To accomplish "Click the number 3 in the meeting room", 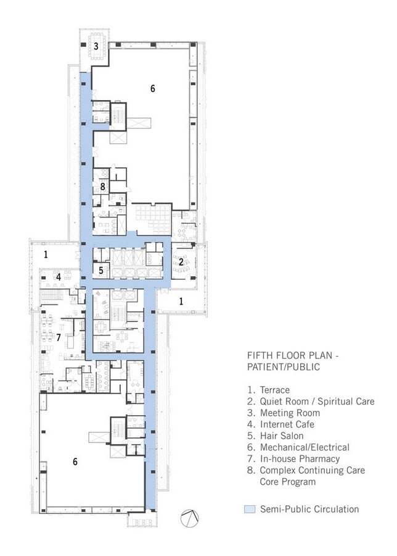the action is pyautogui.click(x=96, y=46).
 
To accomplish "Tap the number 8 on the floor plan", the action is pyautogui.click(x=102, y=186).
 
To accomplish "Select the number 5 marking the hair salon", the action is pyautogui.click(x=101, y=271).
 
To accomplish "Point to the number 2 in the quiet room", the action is pyautogui.click(x=181, y=262).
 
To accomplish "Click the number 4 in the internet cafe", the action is pyautogui.click(x=59, y=277).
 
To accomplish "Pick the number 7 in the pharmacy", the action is pyautogui.click(x=59, y=337).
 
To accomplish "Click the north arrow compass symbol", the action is pyautogui.click(x=189, y=518).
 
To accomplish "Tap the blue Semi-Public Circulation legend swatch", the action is pyautogui.click(x=250, y=509).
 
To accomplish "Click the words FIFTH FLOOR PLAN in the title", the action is pyautogui.click(x=290, y=355).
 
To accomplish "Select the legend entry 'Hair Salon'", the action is pyautogui.click(x=282, y=436).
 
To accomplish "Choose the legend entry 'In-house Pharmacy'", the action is pyautogui.click(x=300, y=459).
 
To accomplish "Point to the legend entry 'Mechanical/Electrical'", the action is pyautogui.click(x=305, y=447).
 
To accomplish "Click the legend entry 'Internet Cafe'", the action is pyautogui.click(x=287, y=424).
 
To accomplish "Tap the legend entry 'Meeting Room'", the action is pyautogui.click(x=290, y=413).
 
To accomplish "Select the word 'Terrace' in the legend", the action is pyautogui.click(x=274, y=390).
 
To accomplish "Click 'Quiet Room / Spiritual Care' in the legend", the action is pyautogui.click(x=317, y=402).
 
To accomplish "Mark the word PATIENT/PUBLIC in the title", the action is pyautogui.click(x=284, y=367).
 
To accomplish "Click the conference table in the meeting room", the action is pyautogui.click(x=97, y=46).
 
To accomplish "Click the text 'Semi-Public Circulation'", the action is pyautogui.click(x=309, y=509).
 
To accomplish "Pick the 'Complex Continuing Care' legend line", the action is pyautogui.click(x=313, y=470).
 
